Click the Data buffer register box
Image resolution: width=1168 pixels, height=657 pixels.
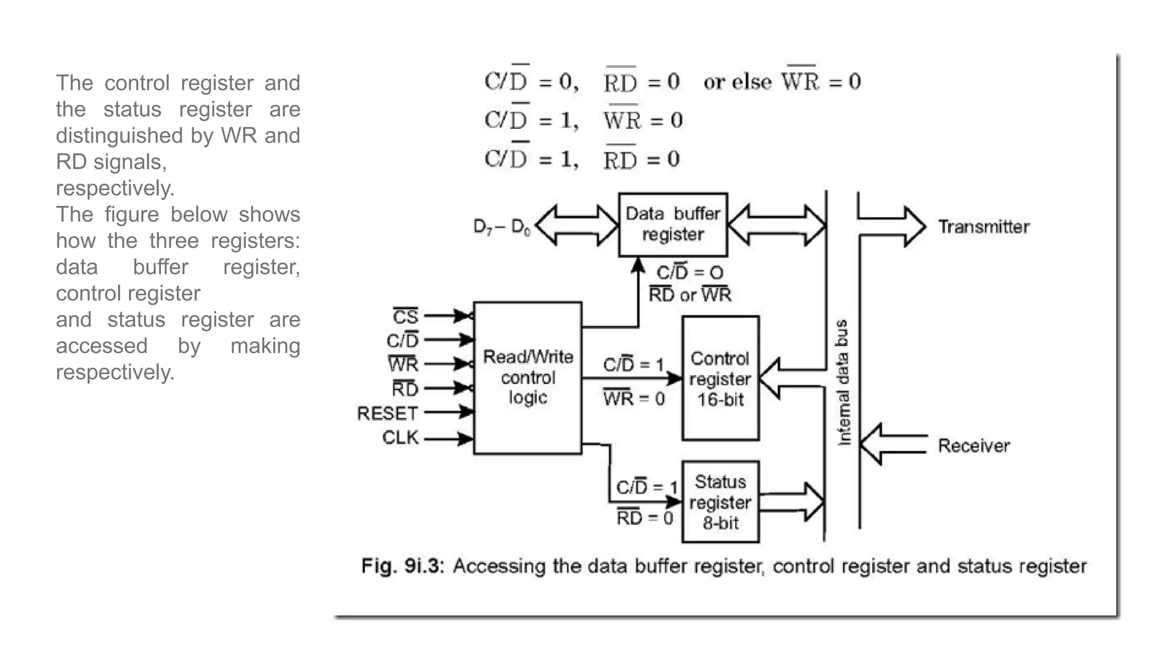tap(672, 224)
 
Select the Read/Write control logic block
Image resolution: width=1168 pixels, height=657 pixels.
tap(528, 378)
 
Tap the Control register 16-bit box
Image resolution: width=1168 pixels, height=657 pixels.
tap(720, 378)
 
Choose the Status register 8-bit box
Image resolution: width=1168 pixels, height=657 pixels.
tap(720, 502)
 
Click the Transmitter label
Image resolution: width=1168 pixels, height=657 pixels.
tap(984, 227)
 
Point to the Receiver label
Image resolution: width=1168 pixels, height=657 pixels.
tap(974, 445)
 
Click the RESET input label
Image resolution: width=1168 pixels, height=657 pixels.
tap(387, 413)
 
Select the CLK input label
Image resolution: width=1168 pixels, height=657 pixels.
tap(400, 437)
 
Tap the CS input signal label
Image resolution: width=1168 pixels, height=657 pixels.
tap(405, 317)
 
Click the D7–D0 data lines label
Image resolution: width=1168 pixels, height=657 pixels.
tap(502, 227)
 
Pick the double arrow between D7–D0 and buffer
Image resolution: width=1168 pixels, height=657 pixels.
tap(577, 225)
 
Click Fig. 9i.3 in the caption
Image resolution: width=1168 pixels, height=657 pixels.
tap(402, 566)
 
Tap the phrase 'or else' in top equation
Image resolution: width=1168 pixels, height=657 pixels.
tap(738, 82)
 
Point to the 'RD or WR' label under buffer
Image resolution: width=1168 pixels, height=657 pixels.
tap(690, 295)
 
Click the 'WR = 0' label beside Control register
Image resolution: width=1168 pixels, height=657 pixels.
tap(634, 398)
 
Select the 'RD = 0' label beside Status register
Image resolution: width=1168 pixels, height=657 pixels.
tap(644, 518)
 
